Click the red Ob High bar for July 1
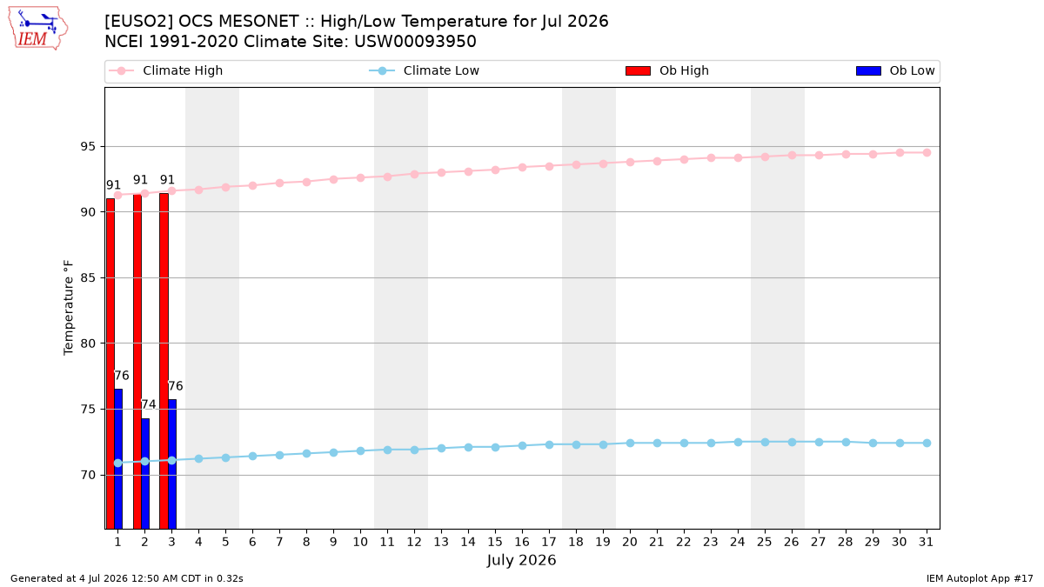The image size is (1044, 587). (x=110, y=364)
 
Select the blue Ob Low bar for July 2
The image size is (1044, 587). (x=145, y=473)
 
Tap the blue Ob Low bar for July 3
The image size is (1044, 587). (x=172, y=464)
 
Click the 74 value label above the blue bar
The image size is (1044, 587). (x=149, y=404)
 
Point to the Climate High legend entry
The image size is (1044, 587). (x=166, y=70)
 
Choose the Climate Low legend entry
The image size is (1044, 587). (x=425, y=70)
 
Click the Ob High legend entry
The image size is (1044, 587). (x=667, y=70)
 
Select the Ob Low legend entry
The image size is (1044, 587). (x=896, y=70)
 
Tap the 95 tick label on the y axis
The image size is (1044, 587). (x=88, y=147)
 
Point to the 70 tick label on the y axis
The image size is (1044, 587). (x=88, y=475)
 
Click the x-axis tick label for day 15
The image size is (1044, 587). (x=495, y=542)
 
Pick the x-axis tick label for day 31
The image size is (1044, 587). (x=926, y=542)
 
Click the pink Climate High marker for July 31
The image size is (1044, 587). (x=927, y=153)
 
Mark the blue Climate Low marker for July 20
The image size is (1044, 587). (x=630, y=443)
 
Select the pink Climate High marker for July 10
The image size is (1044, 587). (x=360, y=178)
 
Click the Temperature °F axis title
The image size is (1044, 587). (x=69, y=308)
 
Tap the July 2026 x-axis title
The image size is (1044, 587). (x=521, y=560)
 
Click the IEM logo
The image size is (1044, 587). (x=37, y=29)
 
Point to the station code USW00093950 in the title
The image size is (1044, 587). (x=415, y=42)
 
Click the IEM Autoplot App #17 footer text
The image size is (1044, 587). (x=980, y=578)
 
